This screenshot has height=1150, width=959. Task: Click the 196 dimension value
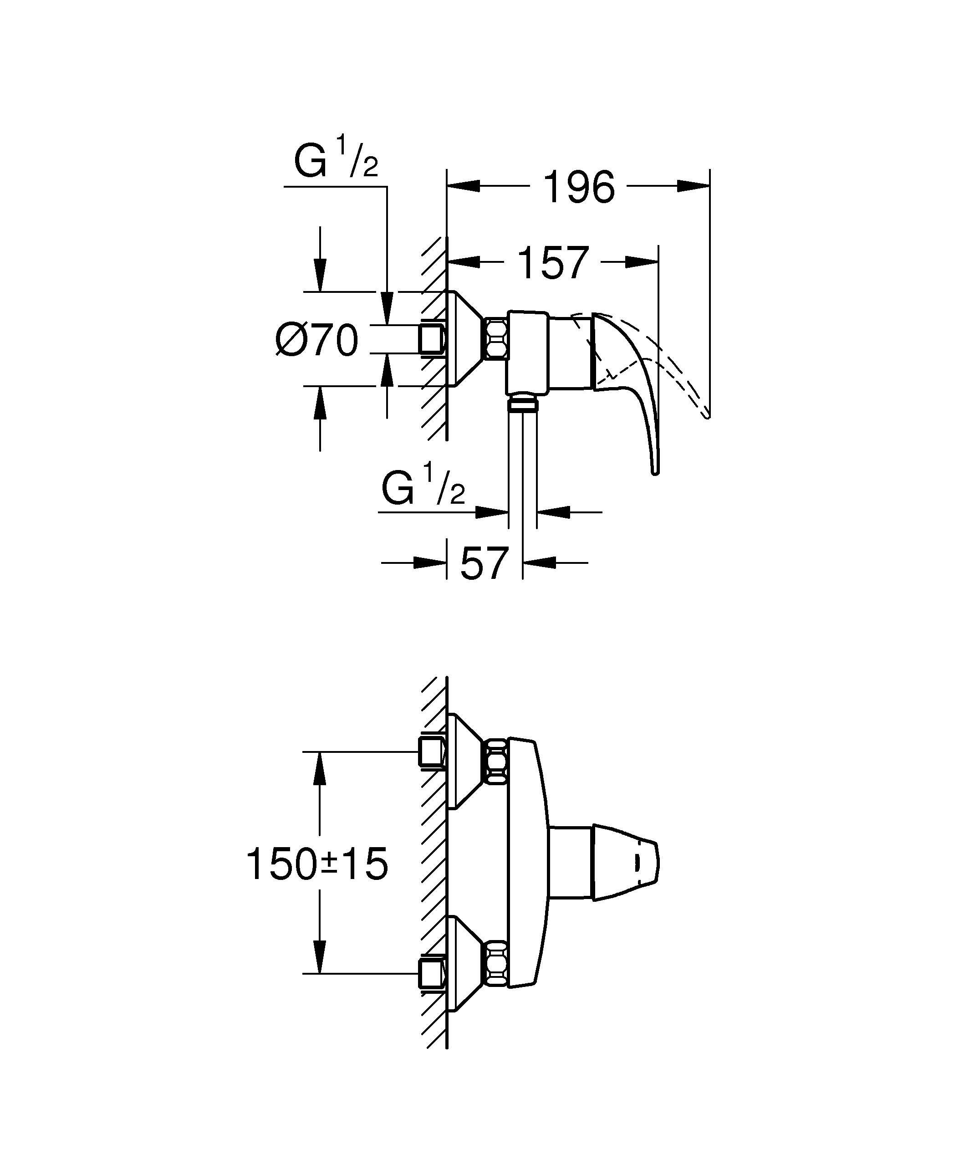tap(579, 188)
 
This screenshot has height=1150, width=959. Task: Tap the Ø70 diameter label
tap(317, 340)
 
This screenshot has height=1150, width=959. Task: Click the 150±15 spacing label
tap(317, 864)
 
